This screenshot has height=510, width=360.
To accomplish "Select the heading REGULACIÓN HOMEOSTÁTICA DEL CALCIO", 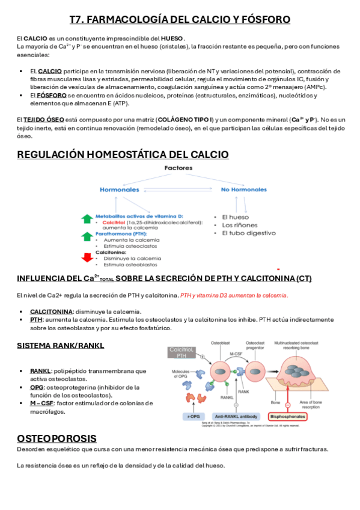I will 123,155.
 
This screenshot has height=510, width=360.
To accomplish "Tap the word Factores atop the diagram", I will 178,169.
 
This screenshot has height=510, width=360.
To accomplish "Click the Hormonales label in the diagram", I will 119,189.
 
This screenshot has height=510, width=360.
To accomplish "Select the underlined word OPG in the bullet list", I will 37,387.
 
